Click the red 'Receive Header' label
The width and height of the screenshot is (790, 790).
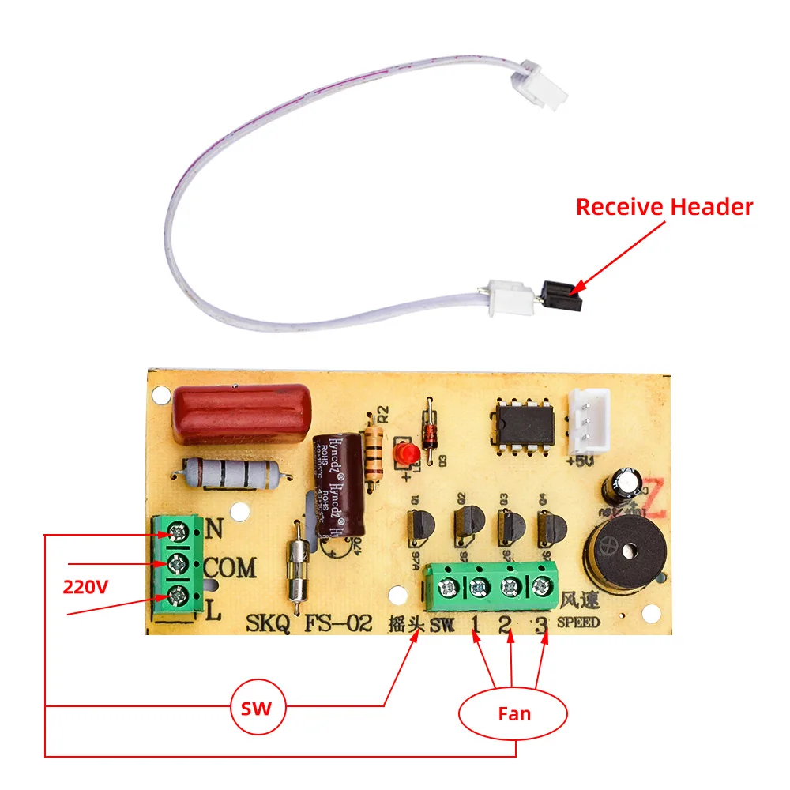click(664, 207)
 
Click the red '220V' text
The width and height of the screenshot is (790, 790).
click(86, 587)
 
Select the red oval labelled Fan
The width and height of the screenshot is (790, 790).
click(513, 714)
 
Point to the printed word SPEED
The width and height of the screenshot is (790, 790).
click(578, 622)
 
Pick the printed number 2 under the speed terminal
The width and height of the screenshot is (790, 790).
click(506, 623)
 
